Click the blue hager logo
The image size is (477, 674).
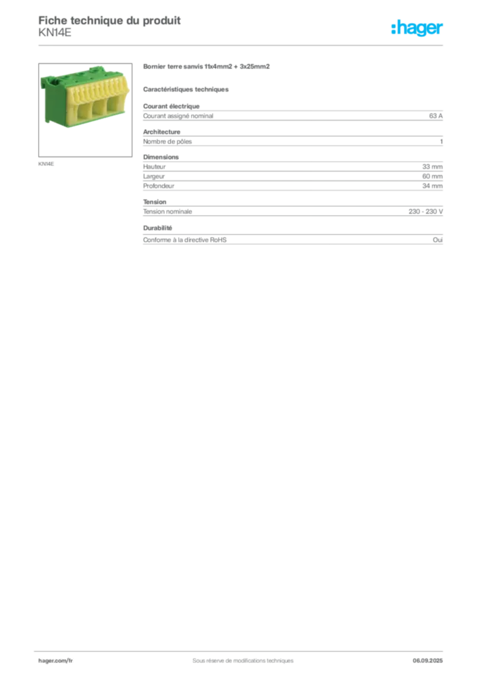pyautogui.click(x=418, y=29)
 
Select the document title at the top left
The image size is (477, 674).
pyautogui.click(x=109, y=20)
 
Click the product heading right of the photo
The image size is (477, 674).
pyautogui.click(x=208, y=67)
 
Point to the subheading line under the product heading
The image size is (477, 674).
pyautogui.click(x=187, y=89)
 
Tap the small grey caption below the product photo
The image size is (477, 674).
pyautogui.click(x=47, y=163)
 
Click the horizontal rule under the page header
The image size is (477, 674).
pyautogui.click(x=242, y=44)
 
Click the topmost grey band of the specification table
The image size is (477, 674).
pyautogui.click(x=293, y=115)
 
